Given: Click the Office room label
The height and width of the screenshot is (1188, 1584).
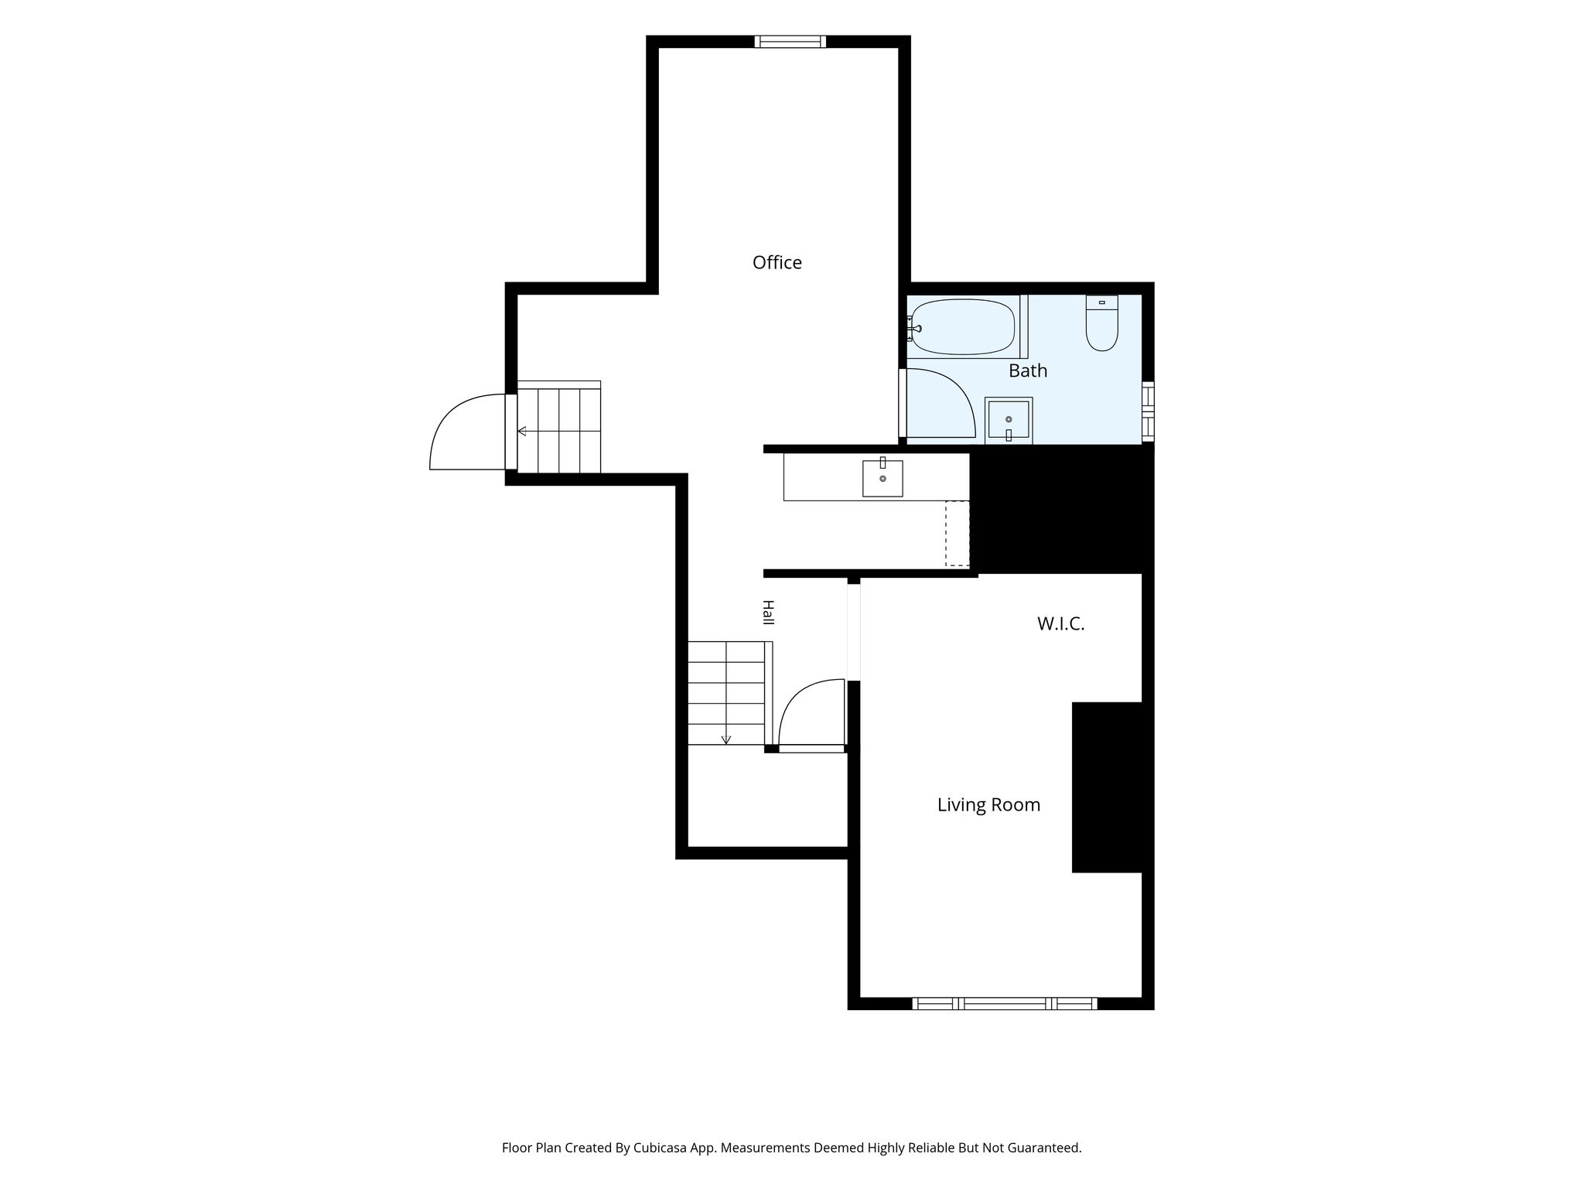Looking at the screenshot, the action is tap(777, 263).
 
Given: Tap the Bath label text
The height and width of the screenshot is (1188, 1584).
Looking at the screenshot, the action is tap(1028, 371).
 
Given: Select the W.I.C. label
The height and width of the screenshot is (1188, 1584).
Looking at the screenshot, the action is tap(1061, 624).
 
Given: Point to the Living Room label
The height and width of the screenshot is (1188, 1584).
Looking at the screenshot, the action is tap(988, 805).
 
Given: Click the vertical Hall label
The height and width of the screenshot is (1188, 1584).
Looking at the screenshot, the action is tap(768, 613).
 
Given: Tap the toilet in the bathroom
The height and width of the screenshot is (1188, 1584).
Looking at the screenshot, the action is tap(1102, 323).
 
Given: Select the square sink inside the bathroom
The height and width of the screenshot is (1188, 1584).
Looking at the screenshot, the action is tap(1009, 421).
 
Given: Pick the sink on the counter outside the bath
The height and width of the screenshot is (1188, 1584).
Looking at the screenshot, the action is tap(882, 478).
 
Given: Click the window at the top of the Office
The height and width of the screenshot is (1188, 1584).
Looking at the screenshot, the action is tap(790, 42).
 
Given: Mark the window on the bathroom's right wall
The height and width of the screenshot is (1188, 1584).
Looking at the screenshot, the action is tap(1148, 411).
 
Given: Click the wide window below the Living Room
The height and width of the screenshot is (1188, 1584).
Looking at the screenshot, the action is tap(1005, 1004).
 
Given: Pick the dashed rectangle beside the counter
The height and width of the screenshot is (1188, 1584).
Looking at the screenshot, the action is tap(958, 534).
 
